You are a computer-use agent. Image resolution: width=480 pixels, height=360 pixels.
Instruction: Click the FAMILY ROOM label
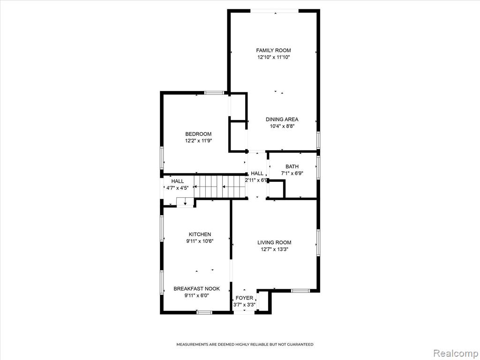pos(273,50)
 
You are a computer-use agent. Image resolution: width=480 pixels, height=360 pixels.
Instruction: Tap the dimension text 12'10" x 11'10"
pos(273,57)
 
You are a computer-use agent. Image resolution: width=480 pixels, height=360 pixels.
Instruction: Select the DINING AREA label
pos(282,120)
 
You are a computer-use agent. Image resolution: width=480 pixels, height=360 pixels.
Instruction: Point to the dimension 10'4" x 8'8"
pos(282,126)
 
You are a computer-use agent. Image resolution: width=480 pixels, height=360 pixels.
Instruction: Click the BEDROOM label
pos(198,134)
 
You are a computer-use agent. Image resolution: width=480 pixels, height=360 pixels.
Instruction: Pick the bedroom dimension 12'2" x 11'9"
pos(198,141)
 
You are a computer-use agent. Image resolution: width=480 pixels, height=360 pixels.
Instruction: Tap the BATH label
pos(292,166)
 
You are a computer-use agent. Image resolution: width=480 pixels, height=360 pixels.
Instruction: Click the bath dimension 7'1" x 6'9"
pos(292,173)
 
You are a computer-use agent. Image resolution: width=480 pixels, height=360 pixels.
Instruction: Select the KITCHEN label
pos(200,234)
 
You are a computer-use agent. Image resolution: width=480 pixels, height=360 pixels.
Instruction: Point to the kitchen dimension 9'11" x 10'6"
pos(200,241)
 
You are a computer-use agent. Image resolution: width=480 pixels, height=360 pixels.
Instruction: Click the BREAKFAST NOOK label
pos(196,289)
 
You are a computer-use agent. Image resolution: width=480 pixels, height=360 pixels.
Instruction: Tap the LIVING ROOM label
pos(274,242)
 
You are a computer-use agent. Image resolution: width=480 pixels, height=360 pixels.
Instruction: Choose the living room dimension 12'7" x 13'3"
pos(274,249)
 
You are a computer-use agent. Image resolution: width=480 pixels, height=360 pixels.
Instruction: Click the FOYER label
pos(244,298)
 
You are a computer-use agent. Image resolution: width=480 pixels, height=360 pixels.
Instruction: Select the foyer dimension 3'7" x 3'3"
pos(244,305)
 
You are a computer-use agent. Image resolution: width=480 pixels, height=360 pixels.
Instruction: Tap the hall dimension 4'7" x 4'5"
pos(177,188)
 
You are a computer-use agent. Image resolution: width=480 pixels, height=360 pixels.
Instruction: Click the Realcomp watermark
pos(455,353)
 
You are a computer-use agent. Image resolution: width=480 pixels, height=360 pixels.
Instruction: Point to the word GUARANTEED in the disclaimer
pos(300,345)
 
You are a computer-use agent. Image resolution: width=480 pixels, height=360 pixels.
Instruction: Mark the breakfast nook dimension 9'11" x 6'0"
pos(196,295)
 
